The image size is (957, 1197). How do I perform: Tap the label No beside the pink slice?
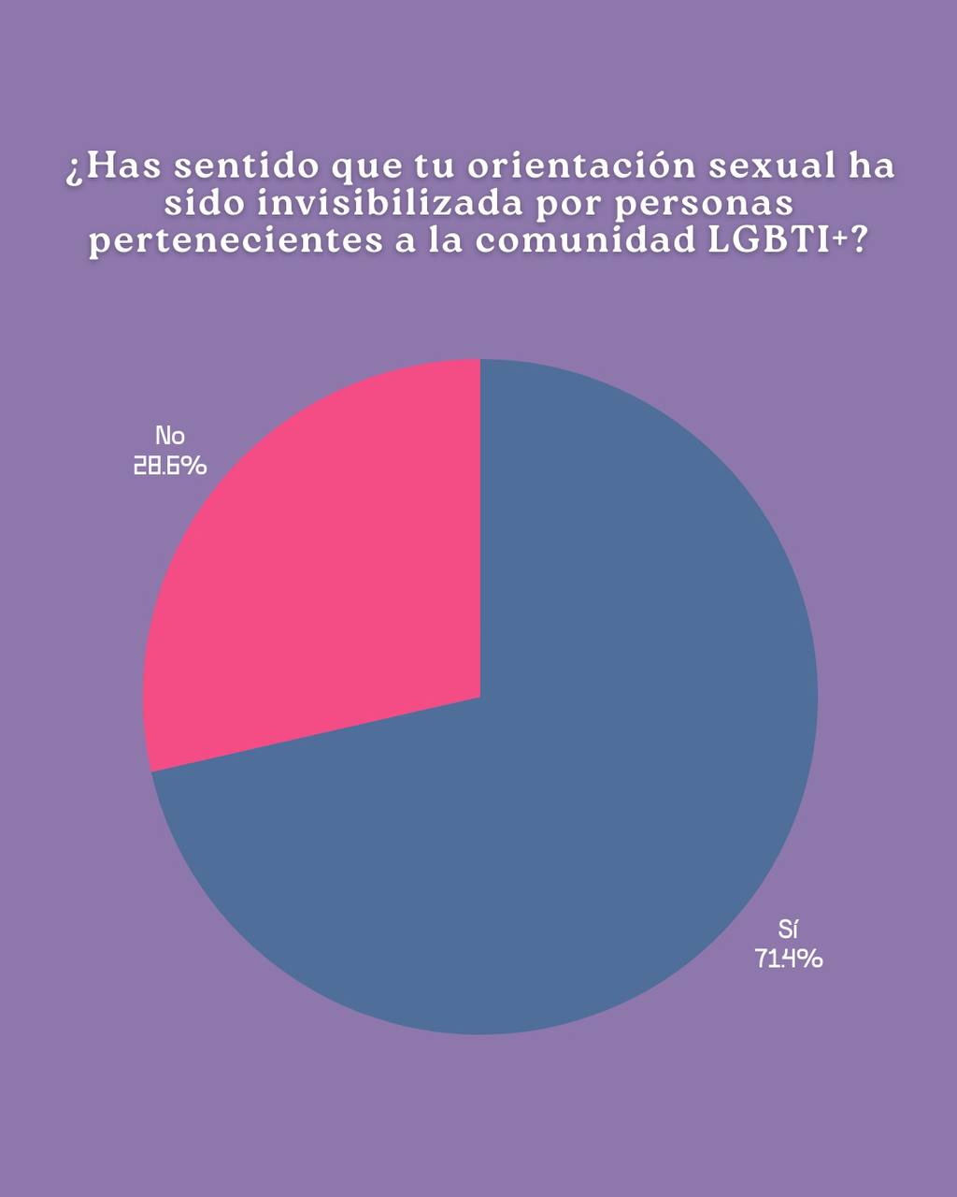(170, 436)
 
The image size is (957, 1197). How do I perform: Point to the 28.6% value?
(170, 465)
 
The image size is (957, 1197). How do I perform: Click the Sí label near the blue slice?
(788, 929)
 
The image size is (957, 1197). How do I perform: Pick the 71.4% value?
(789, 959)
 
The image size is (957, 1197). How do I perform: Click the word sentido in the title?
(247, 166)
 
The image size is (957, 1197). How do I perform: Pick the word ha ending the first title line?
(871, 166)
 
